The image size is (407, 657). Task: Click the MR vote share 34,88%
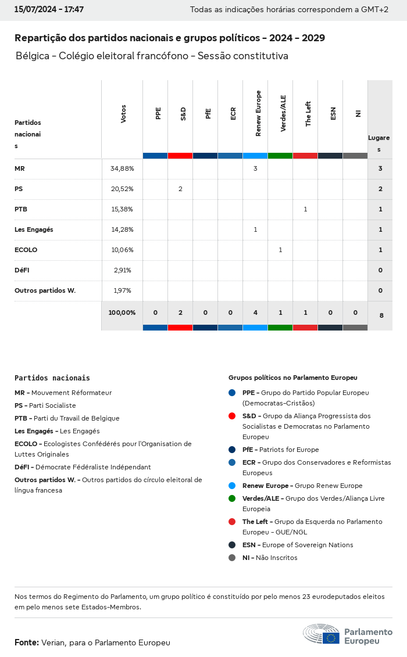(x=122, y=168)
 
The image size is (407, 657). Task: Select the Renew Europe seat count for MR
(x=255, y=168)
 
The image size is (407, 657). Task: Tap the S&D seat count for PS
(x=180, y=189)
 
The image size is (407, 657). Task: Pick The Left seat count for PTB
(x=305, y=209)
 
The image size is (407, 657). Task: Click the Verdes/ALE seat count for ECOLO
(x=280, y=250)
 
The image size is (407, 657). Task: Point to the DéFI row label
(x=23, y=270)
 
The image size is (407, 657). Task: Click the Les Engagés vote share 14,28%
(x=122, y=229)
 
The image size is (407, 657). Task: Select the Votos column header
(x=123, y=114)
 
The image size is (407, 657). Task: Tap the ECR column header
(x=233, y=113)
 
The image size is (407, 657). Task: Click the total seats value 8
(x=381, y=315)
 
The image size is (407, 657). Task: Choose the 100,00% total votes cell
(x=122, y=313)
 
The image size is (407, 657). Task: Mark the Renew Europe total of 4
(x=255, y=313)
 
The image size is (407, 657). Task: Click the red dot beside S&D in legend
(x=232, y=416)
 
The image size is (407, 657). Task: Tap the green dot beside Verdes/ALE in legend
(x=232, y=498)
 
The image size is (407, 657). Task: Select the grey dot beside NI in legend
(x=232, y=558)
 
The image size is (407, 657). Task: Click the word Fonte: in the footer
(x=27, y=642)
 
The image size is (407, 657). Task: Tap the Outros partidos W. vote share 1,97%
(x=122, y=290)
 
